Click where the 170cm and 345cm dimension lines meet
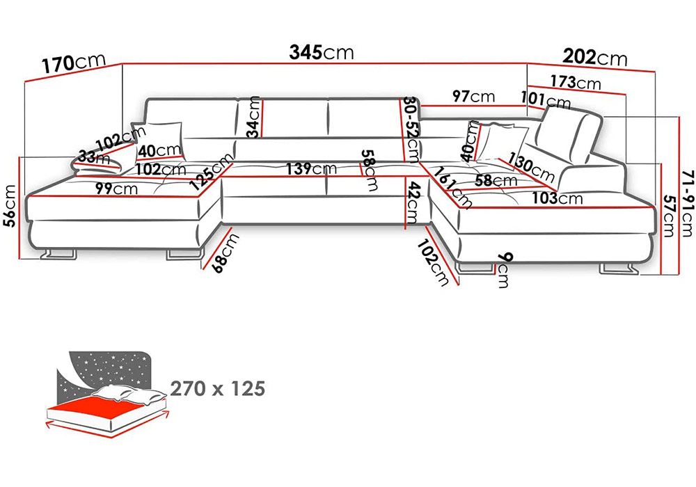tap(122, 64)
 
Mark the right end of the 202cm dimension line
tap(655, 71)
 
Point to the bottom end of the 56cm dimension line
tap(19, 259)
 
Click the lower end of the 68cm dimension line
tap(202, 269)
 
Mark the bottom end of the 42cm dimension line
tap(405, 229)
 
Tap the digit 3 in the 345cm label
tap(295, 52)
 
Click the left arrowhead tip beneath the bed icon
tap(46, 425)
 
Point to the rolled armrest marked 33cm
tap(97, 161)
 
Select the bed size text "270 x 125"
tap(217, 388)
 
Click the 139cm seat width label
tap(311, 168)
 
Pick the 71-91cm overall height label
tap(686, 203)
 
